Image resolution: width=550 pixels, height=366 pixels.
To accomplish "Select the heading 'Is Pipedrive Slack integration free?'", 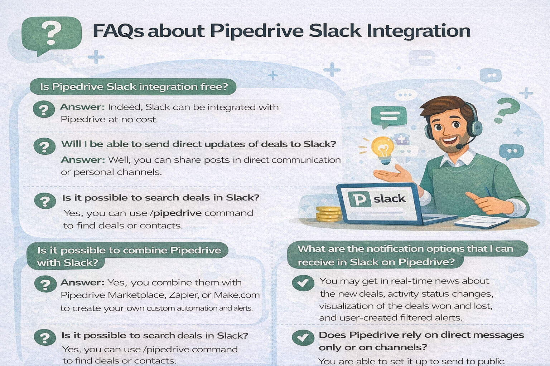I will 134,87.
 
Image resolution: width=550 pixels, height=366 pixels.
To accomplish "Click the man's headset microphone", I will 460,146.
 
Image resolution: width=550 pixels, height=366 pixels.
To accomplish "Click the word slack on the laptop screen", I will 390,198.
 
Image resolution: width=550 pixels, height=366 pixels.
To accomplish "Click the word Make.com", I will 236,295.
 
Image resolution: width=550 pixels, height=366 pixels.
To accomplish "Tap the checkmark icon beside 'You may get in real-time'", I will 303,283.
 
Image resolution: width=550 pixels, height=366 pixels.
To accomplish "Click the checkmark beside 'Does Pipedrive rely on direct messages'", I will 303,337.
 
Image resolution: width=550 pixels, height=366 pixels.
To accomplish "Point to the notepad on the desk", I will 482,221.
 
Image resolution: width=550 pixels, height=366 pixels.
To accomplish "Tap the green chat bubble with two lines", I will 385,117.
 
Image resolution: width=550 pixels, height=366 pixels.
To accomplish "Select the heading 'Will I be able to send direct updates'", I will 198,144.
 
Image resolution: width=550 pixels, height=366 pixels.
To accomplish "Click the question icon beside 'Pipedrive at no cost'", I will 44,110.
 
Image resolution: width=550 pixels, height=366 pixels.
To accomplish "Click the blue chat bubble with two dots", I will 511,152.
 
